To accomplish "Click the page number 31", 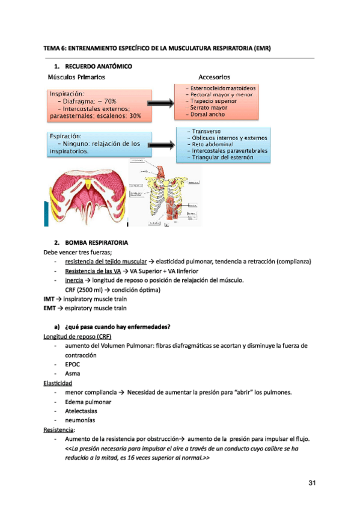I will click(x=311, y=483).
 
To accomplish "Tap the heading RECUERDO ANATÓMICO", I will click(x=98, y=66).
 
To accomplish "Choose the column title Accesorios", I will click(x=214, y=77).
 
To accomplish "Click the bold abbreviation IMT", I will click(x=50, y=298).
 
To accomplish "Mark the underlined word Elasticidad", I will click(x=58, y=383).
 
